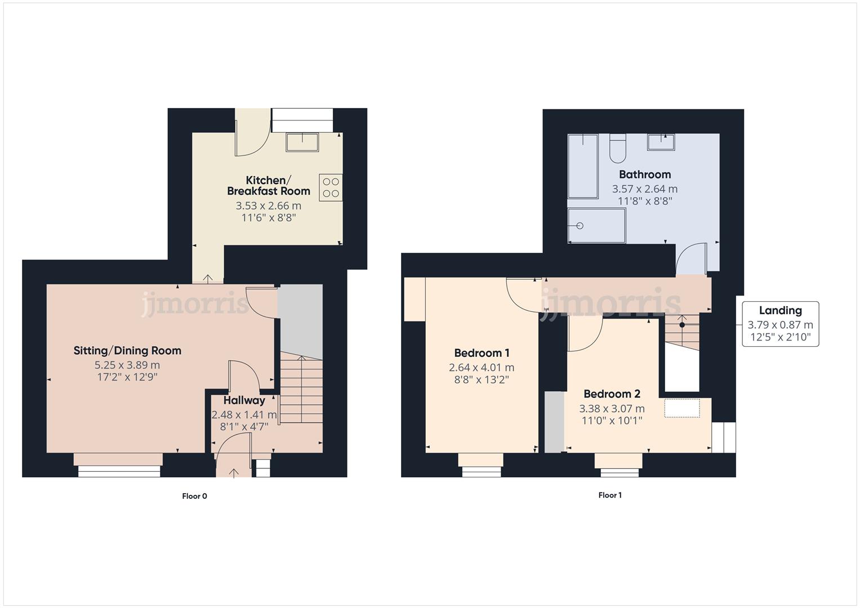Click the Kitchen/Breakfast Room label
[269, 186]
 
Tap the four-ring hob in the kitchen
[331, 187]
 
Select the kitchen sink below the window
[302, 142]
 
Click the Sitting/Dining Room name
[127, 351]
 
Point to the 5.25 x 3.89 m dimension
[127, 365]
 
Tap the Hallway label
[244, 401]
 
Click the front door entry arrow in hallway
[234, 472]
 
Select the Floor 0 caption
[194, 496]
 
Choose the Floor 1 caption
[610, 495]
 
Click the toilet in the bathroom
[617, 149]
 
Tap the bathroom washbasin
[661, 142]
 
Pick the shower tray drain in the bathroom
[580, 226]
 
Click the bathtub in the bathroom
[582, 166]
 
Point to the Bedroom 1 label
[482, 354]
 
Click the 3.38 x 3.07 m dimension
[612, 409]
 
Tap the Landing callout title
[780, 310]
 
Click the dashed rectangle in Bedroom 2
[682, 408]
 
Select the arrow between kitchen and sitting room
[207, 278]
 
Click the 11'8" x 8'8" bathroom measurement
[645, 201]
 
